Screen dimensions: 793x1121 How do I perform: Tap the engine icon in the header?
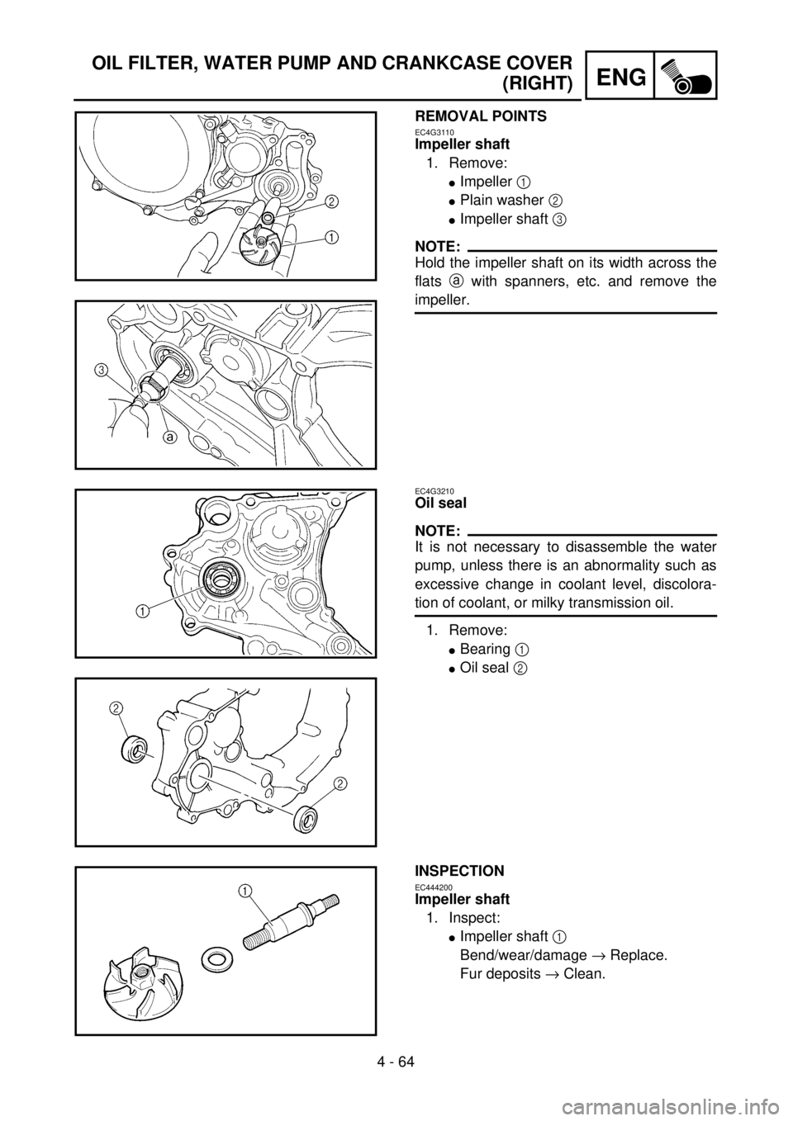coord(686,75)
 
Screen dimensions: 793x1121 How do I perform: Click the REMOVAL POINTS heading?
coord(481,116)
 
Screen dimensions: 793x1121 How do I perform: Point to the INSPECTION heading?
coord(459,871)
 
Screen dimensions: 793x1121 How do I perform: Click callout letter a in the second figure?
coord(171,437)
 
